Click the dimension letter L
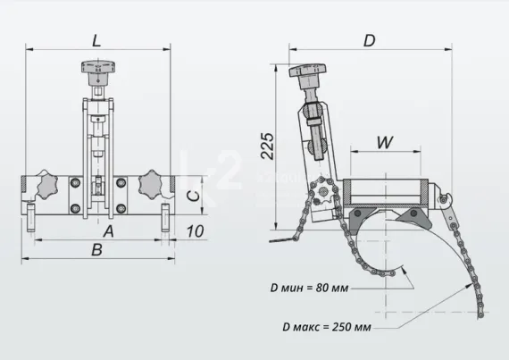click(96, 38)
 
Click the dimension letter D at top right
click(369, 39)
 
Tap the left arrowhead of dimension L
click(24, 49)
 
